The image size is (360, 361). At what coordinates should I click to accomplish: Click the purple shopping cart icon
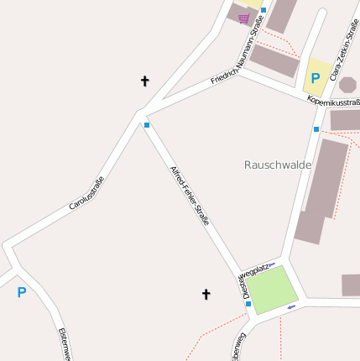coord(243,18)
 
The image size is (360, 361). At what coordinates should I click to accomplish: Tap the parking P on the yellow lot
coord(316,78)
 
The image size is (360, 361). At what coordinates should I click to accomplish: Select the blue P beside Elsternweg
coord(22,292)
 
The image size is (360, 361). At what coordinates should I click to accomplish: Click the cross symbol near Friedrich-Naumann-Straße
coord(144,81)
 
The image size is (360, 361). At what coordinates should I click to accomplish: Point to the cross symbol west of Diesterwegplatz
coord(206,294)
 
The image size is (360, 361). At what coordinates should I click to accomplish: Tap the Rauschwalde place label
coord(277,165)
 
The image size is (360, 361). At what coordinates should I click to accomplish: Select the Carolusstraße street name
coord(86,193)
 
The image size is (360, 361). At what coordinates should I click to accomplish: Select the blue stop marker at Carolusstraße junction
coord(147,125)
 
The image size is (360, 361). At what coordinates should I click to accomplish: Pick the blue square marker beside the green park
coord(248,304)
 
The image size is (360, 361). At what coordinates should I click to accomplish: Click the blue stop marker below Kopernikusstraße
coord(316,129)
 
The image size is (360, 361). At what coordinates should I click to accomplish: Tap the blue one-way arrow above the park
coord(271,265)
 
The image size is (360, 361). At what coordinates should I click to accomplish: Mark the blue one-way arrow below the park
coord(291,307)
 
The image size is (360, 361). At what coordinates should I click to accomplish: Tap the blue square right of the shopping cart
coord(263,11)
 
